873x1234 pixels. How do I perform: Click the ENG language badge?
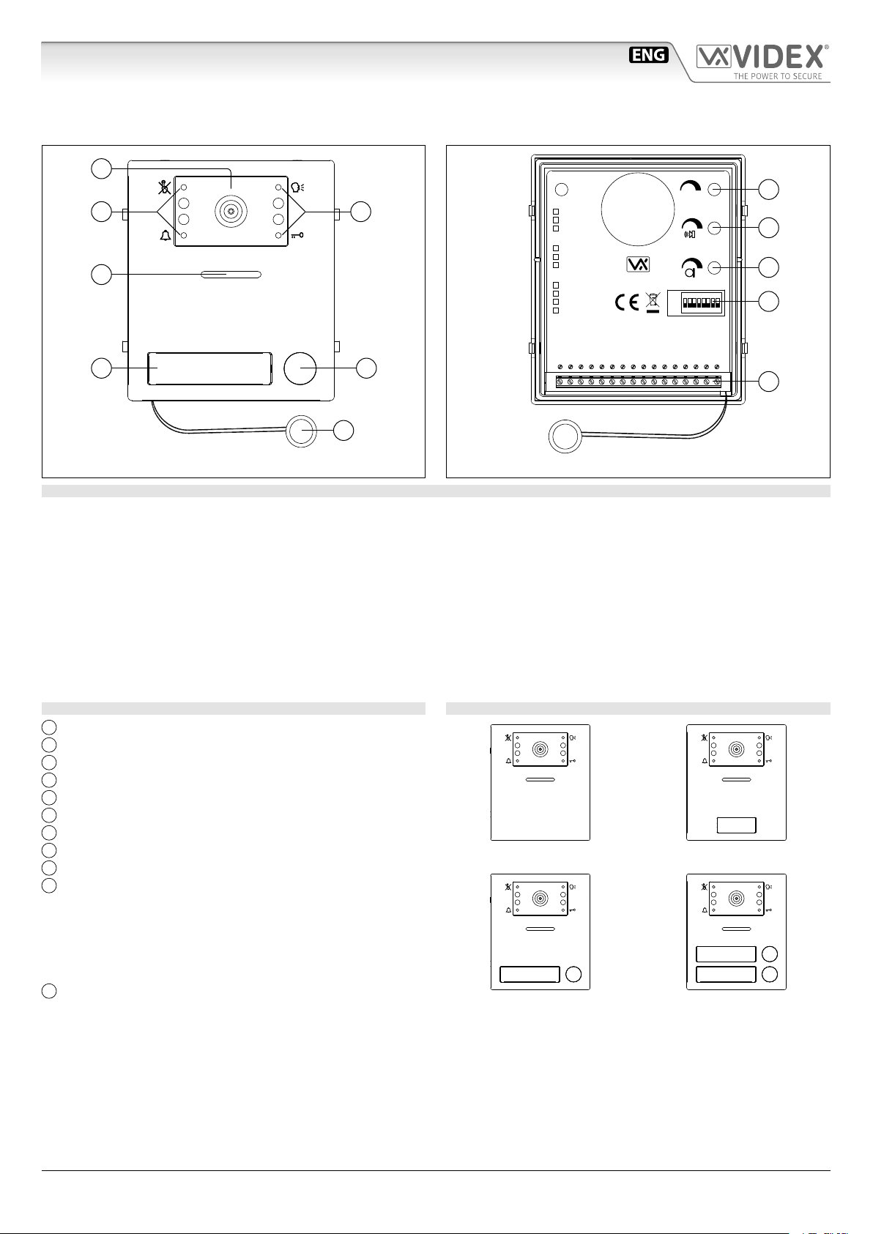(649, 55)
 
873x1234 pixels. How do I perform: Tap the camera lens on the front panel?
(231, 212)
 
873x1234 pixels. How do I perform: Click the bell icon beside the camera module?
(165, 235)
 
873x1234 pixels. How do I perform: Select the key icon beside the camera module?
(297, 235)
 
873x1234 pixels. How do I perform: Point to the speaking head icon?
(297, 187)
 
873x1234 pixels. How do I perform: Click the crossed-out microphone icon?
(165, 187)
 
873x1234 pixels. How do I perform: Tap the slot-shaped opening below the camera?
(231, 275)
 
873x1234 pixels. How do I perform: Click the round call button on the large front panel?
(300, 368)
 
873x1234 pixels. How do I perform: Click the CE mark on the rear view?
(625, 302)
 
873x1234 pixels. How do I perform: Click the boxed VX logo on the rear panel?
(638, 264)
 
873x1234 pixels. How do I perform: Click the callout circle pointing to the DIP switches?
(768, 301)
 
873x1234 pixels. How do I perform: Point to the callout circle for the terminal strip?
(768, 382)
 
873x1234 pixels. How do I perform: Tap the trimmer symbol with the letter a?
(690, 267)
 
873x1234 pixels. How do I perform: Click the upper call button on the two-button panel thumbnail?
(769, 954)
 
